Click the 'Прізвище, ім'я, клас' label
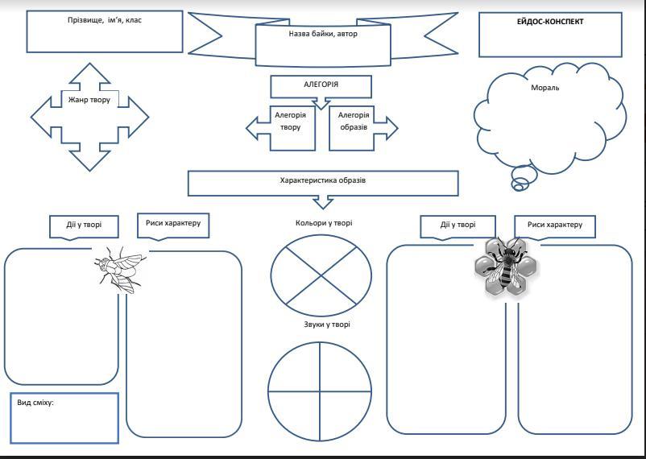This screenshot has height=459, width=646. (x=104, y=20)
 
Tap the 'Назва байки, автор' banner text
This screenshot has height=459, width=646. (x=322, y=35)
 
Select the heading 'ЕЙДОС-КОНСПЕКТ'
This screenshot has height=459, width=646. (x=549, y=22)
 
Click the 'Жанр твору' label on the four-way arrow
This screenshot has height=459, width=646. (x=89, y=100)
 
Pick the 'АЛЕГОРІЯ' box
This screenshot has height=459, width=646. (x=321, y=85)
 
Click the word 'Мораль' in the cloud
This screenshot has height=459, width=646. (x=545, y=88)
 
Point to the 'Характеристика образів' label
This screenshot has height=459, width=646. (x=323, y=180)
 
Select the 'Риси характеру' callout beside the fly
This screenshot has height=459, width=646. (x=173, y=224)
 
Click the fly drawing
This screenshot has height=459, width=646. (x=118, y=267)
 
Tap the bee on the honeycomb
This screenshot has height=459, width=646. (x=504, y=266)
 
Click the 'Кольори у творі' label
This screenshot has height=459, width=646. (x=323, y=223)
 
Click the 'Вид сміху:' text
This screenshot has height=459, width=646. (x=35, y=402)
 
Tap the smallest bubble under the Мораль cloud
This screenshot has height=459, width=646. (x=518, y=188)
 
